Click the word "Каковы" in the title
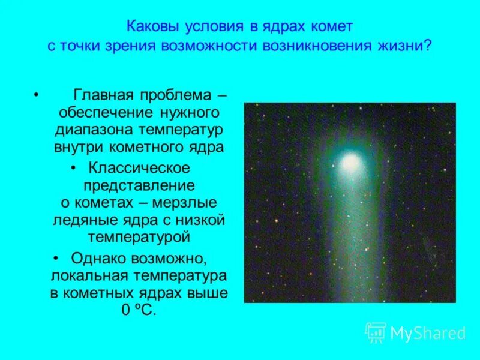[x=150, y=28]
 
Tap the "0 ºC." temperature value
[x=139, y=310]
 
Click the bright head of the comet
[x=350, y=161]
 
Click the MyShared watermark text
[x=427, y=333]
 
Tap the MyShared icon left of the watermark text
[x=375, y=332]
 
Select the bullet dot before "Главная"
[x=37, y=96]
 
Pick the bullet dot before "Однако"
[x=56, y=259]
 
